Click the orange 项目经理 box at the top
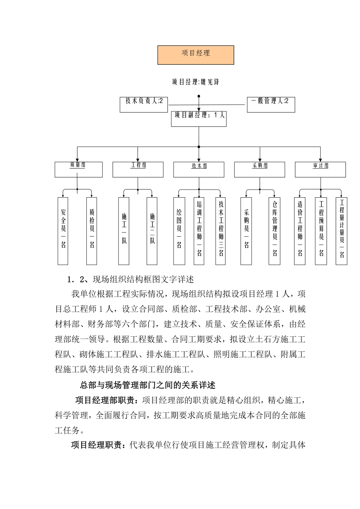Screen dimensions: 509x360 [196, 55]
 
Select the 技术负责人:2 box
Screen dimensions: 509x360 [144, 104]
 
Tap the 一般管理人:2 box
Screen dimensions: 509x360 [271, 104]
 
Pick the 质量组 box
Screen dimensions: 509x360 [78, 170]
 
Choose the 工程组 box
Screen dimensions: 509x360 [138, 170]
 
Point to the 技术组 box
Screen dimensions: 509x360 [199, 170]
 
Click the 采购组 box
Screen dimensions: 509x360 [260, 170]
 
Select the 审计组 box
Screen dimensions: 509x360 [320, 170]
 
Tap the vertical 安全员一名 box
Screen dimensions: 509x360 [63, 231]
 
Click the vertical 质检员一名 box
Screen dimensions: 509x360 [92, 231]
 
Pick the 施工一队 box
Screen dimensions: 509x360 [124, 231]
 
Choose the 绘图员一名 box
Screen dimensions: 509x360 [179, 231]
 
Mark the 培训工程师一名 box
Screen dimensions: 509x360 [199, 231]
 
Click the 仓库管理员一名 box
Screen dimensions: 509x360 [275, 231]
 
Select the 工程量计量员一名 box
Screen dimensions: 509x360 [341, 231]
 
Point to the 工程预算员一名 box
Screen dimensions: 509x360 [321, 231]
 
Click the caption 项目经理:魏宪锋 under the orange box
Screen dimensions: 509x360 [196, 82]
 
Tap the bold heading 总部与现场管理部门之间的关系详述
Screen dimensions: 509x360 [148, 385]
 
